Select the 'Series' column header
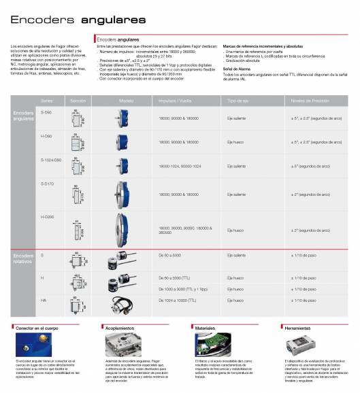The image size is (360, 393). pyautogui.click(x=46, y=99)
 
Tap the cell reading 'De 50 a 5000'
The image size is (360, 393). pyautogui.click(x=169, y=255)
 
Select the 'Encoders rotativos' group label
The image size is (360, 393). pyautogui.click(x=24, y=258)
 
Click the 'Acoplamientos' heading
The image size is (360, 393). pyautogui.click(x=120, y=328)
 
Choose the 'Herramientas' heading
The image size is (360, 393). pyautogui.click(x=296, y=328)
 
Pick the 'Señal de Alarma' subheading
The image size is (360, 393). pyautogui.click(x=235, y=69)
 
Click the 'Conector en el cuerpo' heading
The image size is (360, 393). pyautogui.click(x=38, y=328)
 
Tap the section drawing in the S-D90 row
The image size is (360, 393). pyautogui.click(x=77, y=118)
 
